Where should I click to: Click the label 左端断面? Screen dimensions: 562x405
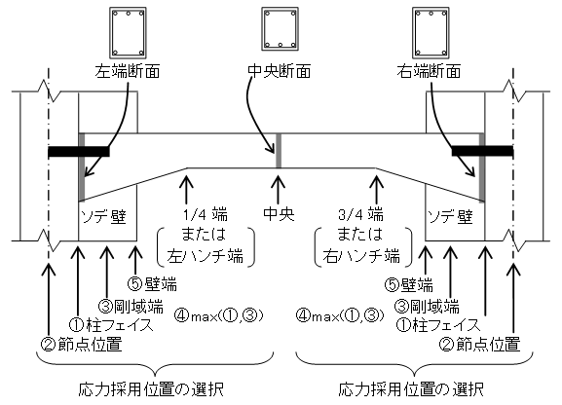(x=128, y=72)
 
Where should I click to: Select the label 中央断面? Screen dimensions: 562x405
(x=280, y=72)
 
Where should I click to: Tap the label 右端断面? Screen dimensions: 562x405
(x=429, y=72)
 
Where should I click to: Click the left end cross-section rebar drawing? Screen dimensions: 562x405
(x=128, y=33)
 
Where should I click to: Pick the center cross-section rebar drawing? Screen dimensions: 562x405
(x=280, y=28)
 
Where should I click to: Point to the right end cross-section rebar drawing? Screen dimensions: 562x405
(x=431, y=33)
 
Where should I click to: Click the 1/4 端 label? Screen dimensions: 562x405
(x=205, y=215)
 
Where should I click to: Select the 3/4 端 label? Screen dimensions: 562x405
(x=360, y=215)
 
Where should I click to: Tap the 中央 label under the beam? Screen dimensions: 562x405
(x=279, y=214)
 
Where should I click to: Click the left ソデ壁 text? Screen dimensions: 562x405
(x=104, y=217)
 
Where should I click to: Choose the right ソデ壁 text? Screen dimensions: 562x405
(x=451, y=217)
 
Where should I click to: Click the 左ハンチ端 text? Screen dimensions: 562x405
(x=206, y=256)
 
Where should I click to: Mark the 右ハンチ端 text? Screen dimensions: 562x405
(x=361, y=256)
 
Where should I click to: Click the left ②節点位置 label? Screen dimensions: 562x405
(x=82, y=345)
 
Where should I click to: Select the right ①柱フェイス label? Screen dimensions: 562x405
(x=437, y=325)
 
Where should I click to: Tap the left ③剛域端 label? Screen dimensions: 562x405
(x=131, y=307)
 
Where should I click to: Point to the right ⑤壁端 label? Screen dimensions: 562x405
(x=409, y=285)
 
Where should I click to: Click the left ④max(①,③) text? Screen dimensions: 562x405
(x=219, y=315)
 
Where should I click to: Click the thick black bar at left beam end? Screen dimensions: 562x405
(x=79, y=151)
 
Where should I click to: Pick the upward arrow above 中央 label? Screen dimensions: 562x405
(x=279, y=189)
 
